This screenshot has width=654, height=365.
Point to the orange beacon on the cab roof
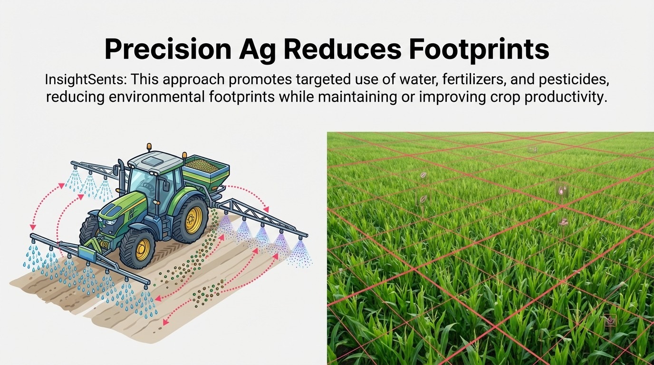(149, 146)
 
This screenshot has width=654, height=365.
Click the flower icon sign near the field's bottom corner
(609, 320)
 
